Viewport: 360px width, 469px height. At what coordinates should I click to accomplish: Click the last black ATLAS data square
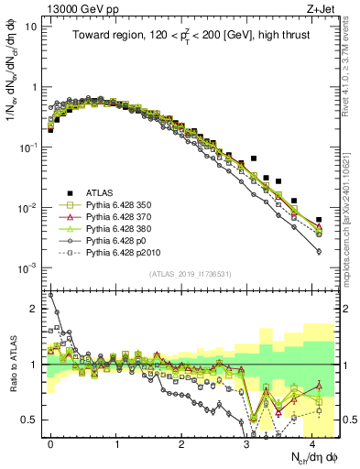(x=319, y=220)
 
